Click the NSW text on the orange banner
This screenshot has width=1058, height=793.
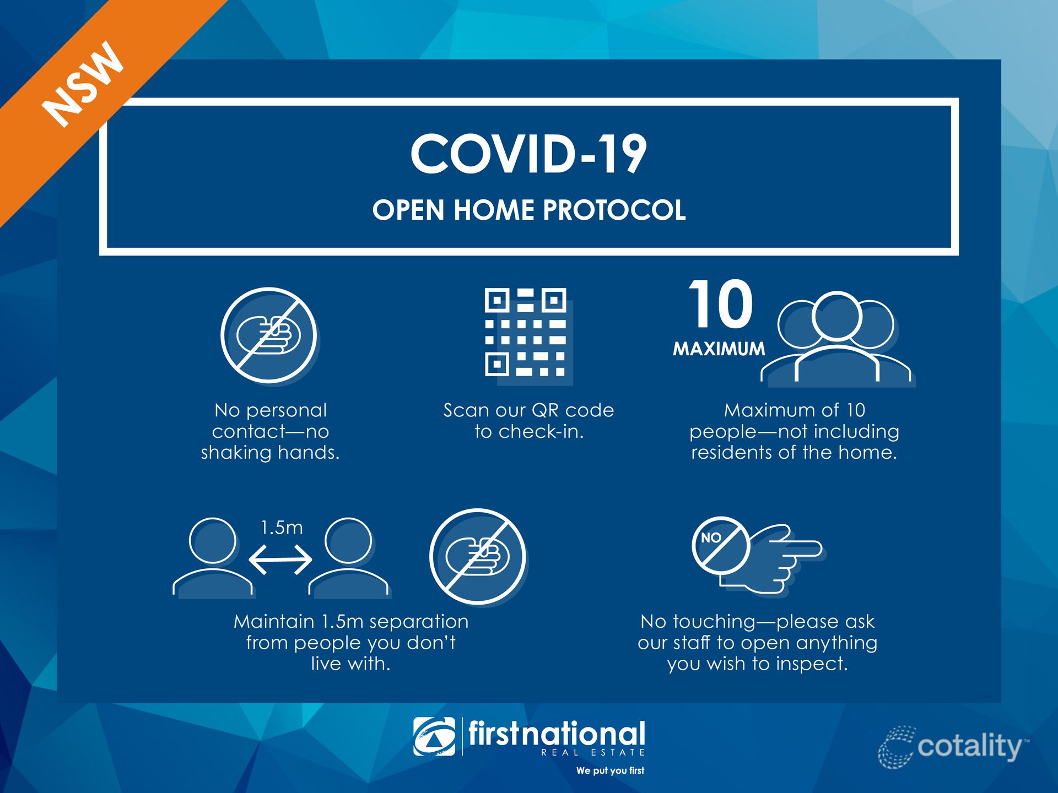(83, 84)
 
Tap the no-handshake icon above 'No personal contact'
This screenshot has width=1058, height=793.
(269, 335)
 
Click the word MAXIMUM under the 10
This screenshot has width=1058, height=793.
(719, 349)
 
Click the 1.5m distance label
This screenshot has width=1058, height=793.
(282, 528)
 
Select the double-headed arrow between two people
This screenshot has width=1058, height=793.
(280, 560)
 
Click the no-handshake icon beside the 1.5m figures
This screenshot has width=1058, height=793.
(477, 556)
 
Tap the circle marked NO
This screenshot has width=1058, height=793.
(721, 545)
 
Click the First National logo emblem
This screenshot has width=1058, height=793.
(434, 736)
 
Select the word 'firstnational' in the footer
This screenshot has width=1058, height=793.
(557, 734)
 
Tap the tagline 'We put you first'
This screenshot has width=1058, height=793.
(610, 770)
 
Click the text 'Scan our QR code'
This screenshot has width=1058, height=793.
(528, 410)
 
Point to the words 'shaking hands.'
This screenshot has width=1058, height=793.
(270, 452)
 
